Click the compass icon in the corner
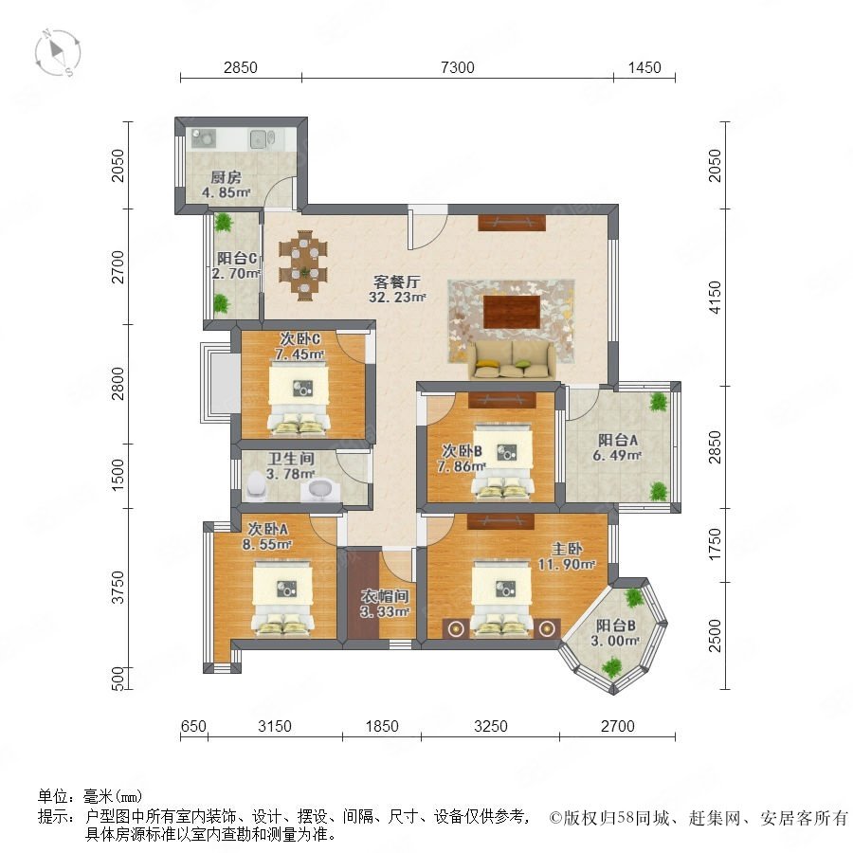[x=58, y=53]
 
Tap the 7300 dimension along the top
[x=458, y=67]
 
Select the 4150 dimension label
[x=715, y=297]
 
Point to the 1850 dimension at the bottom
[x=382, y=726]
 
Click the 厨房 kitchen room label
[x=226, y=177]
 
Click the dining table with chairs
[x=303, y=265]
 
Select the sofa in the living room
[x=512, y=359]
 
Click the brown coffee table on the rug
[x=512, y=312]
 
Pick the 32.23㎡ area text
[x=397, y=297]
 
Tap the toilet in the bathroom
[x=255, y=486]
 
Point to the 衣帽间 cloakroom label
[x=385, y=596]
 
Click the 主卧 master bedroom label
[x=567, y=549]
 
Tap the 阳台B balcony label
[x=615, y=626]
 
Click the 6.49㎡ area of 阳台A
[x=617, y=455]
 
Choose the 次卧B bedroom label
[x=462, y=451]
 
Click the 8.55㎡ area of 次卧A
[x=267, y=543]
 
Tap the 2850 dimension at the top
[x=241, y=67]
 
